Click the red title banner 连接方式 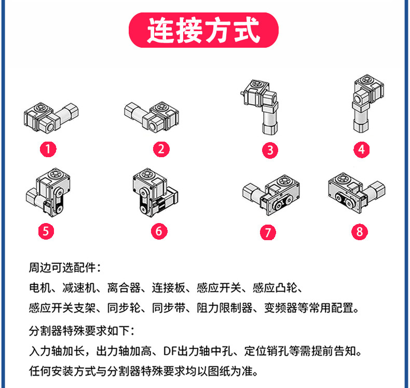tap(204, 31)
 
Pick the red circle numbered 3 tap(270, 150)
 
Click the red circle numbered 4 tap(361, 150)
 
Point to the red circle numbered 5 tap(46, 230)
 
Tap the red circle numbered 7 tap(267, 232)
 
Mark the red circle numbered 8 tap(359, 231)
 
